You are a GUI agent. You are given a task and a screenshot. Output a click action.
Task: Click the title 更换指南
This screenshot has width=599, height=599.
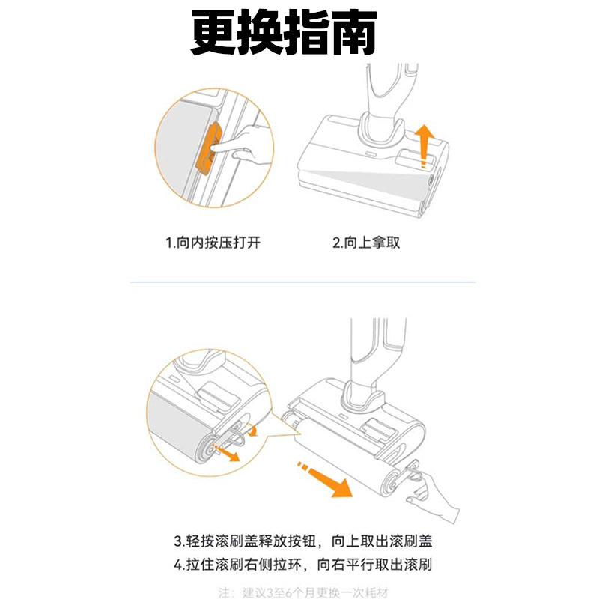click(x=282, y=34)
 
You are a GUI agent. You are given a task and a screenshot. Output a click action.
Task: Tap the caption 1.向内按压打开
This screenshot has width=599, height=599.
click(x=213, y=243)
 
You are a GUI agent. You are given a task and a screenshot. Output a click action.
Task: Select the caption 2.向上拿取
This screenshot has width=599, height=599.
click(x=366, y=243)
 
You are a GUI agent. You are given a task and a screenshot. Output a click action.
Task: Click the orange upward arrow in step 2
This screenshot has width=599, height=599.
click(x=424, y=145)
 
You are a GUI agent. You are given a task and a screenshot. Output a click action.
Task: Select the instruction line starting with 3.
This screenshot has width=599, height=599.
click(x=304, y=541)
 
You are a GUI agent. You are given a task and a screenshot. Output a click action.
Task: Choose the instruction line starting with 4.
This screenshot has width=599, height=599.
click(x=304, y=564)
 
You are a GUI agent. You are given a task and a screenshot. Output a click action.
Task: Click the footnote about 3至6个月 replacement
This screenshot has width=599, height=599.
click(x=304, y=592)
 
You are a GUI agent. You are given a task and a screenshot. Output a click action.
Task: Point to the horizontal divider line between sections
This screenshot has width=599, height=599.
click(x=302, y=282)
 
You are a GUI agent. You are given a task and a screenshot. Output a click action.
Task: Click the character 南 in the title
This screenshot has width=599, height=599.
click(x=351, y=34)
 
